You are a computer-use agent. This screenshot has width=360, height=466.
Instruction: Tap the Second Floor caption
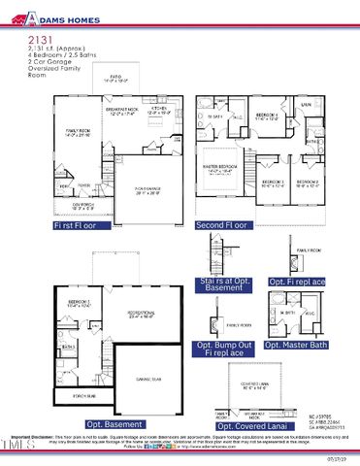click(x=222, y=225)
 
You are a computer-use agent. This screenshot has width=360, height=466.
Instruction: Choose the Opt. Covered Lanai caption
click(x=249, y=425)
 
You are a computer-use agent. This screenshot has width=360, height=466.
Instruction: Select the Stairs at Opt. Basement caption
click(x=226, y=283)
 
